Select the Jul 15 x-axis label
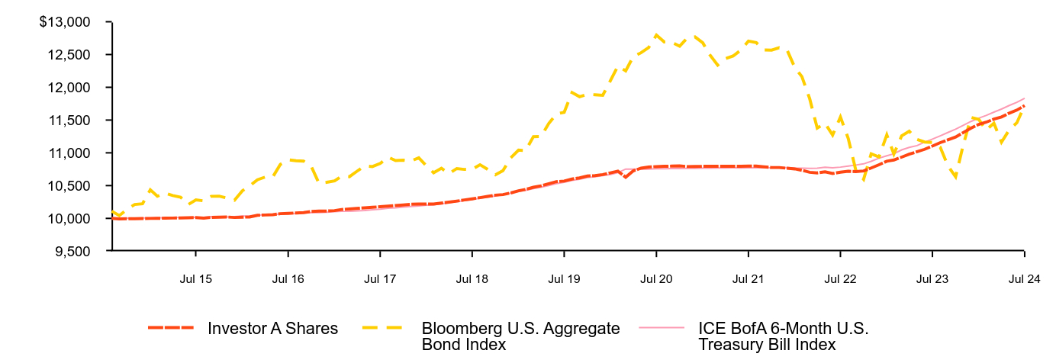coord(195,279)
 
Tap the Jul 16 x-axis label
coord(288,279)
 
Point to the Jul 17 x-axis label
coord(379,279)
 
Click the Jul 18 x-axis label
coord(472,279)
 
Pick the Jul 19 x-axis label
coord(563,279)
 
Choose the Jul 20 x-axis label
coord(655,279)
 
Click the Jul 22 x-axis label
coord(839,279)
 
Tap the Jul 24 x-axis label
coord(1023,279)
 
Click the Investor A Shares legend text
coord(272,329)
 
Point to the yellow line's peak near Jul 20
coord(655,34)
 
